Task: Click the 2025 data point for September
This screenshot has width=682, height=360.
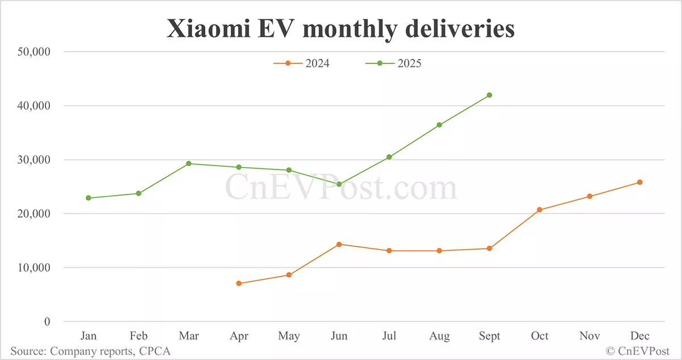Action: [489, 95]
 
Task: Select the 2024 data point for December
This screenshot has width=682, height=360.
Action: [639, 182]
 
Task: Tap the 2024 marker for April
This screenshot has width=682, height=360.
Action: [239, 283]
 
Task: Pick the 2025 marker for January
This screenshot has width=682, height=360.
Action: [89, 198]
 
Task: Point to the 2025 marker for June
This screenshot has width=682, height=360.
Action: [339, 184]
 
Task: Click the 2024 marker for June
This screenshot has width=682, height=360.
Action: [339, 244]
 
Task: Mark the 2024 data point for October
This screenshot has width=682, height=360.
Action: [539, 210]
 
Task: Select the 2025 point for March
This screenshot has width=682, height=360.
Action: [189, 163]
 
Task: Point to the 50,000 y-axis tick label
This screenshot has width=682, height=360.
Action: [34, 52]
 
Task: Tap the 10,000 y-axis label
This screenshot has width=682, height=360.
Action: [34, 267]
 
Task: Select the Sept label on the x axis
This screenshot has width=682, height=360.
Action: [489, 336]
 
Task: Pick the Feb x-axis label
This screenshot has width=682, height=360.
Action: [139, 336]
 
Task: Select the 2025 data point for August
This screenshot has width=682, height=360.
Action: [439, 125]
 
